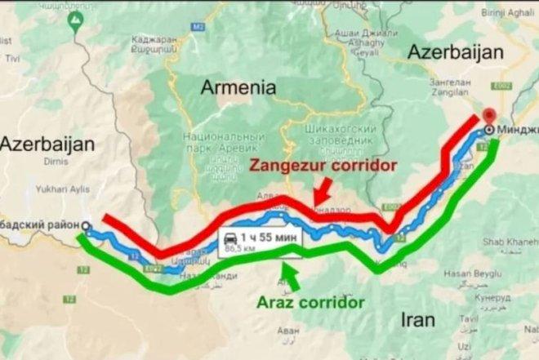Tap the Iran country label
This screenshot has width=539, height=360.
(417, 320)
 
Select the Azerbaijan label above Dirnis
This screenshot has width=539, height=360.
(47, 144)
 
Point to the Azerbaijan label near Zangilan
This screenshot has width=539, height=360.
(455, 52)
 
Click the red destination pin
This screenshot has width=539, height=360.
(489, 116)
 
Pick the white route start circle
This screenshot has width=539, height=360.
(87, 228)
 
